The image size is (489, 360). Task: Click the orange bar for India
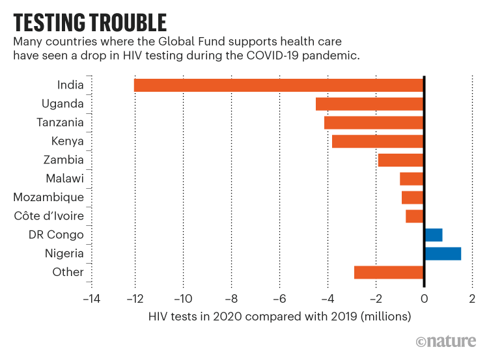pyautogui.click(x=279, y=85)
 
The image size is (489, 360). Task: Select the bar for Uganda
pyautogui.click(x=369, y=104)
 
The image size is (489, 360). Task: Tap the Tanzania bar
pyautogui.click(x=374, y=122)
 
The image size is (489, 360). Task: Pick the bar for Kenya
pyautogui.click(x=378, y=141)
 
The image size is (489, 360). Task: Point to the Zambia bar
pyautogui.click(x=400, y=159)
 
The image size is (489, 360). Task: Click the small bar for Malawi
pyautogui.click(x=412, y=178)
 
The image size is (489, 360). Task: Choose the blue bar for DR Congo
pyautogui.click(x=433, y=235)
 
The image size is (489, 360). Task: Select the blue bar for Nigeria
pyautogui.click(x=442, y=254)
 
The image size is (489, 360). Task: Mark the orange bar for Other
pyautogui.click(x=389, y=272)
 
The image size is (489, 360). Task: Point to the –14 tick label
pyautogui.click(x=91, y=299)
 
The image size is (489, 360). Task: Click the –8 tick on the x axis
pyautogui.click(x=231, y=299)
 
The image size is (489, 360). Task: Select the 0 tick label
pyautogui.click(x=424, y=299)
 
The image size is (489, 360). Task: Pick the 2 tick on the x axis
pyautogui.click(x=472, y=299)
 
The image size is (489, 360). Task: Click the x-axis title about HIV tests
pyautogui.click(x=280, y=317)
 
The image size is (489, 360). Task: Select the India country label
pyautogui.click(x=70, y=85)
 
